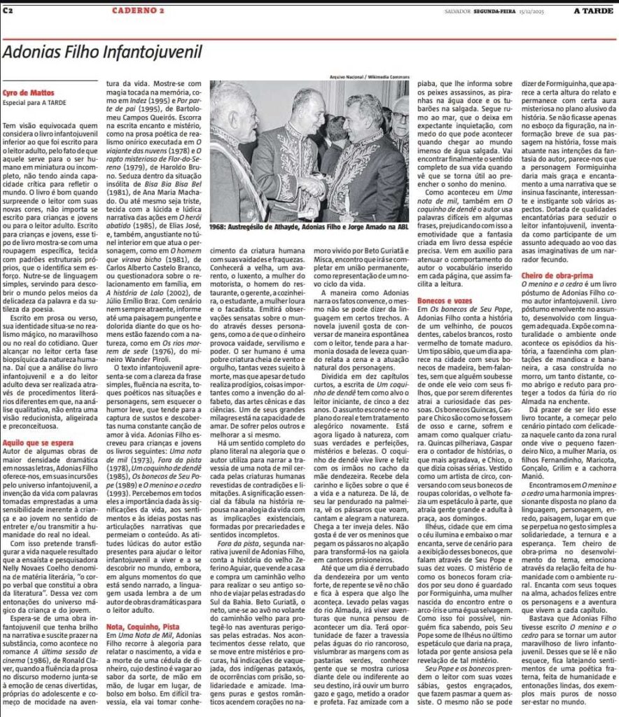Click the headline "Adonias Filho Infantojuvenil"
102,53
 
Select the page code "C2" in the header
8,11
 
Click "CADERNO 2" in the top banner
138,11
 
